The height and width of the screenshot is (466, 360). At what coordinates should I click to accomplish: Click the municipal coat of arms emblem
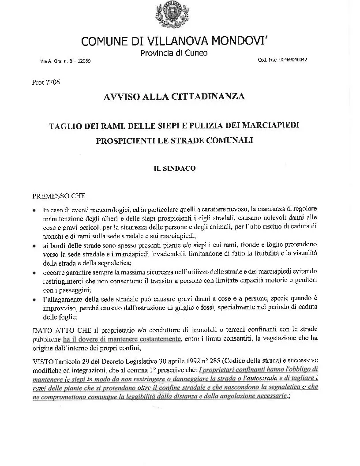coord(168,15)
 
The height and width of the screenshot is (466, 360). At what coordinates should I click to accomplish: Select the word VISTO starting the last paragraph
coord(42,361)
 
